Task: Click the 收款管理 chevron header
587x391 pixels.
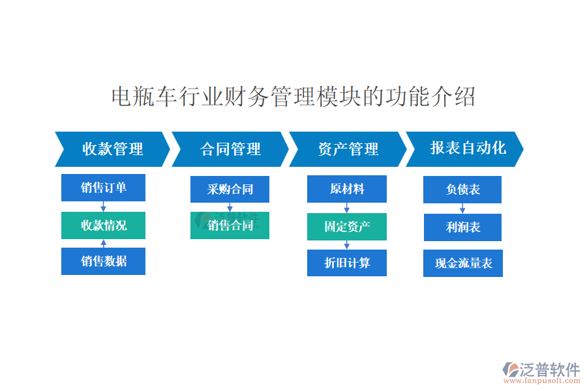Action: click(112, 149)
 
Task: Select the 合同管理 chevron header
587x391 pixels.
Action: click(230, 149)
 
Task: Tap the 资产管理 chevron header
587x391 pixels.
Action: click(348, 149)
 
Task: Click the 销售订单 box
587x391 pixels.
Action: click(103, 188)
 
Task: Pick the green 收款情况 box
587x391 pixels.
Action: click(103, 225)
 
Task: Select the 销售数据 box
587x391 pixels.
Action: click(103, 261)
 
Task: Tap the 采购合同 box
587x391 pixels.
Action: click(230, 190)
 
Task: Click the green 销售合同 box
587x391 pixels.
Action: click(230, 225)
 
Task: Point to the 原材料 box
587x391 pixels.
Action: click(347, 189)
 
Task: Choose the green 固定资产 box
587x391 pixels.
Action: click(347, 227)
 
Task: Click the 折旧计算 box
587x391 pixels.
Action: click(347, 263)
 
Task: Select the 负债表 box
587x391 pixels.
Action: click(462, 190)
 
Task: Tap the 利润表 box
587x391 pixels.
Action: click(462, 227)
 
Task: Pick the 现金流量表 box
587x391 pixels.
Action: click(463, 263)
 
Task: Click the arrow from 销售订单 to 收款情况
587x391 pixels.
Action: click(103, 207)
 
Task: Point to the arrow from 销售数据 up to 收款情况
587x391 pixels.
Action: click(104, 244)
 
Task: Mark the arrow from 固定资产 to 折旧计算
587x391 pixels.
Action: click(347, 245)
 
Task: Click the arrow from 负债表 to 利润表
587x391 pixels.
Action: click(462, 209)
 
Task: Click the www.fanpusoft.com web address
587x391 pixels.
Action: click(542, 381)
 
